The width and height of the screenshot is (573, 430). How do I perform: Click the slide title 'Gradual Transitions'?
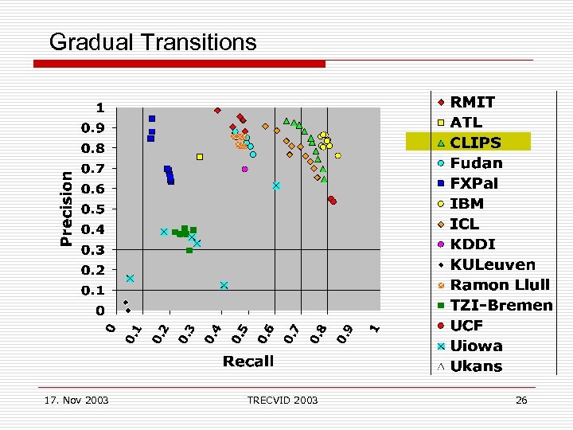coord(153,42)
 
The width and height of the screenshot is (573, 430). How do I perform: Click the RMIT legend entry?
coord(472,102)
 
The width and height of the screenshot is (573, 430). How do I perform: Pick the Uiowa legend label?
coord(476,346)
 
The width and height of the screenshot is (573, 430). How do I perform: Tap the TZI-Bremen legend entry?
coord(501,305)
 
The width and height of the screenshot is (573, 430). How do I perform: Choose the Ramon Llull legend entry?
coord(499,285)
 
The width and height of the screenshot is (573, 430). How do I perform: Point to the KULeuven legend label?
coord(493,264)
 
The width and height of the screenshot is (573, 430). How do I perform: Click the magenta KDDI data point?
coord(245,169)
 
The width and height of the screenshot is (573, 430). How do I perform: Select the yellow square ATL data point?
coord(200,157)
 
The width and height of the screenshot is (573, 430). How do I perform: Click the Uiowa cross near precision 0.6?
coord(276,186)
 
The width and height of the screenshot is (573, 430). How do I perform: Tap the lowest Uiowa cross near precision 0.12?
coord(224,285)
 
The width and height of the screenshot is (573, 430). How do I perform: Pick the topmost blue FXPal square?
coord(152,119)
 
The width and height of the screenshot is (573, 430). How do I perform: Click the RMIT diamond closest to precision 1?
coord(217,110)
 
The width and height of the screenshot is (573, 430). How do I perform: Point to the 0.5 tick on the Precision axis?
coord(99,209)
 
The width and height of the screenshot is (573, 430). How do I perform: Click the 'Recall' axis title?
coord(248,362)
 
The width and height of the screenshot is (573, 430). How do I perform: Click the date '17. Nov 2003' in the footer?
coord(76,400)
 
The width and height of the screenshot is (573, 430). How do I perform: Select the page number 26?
coord(521,400)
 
